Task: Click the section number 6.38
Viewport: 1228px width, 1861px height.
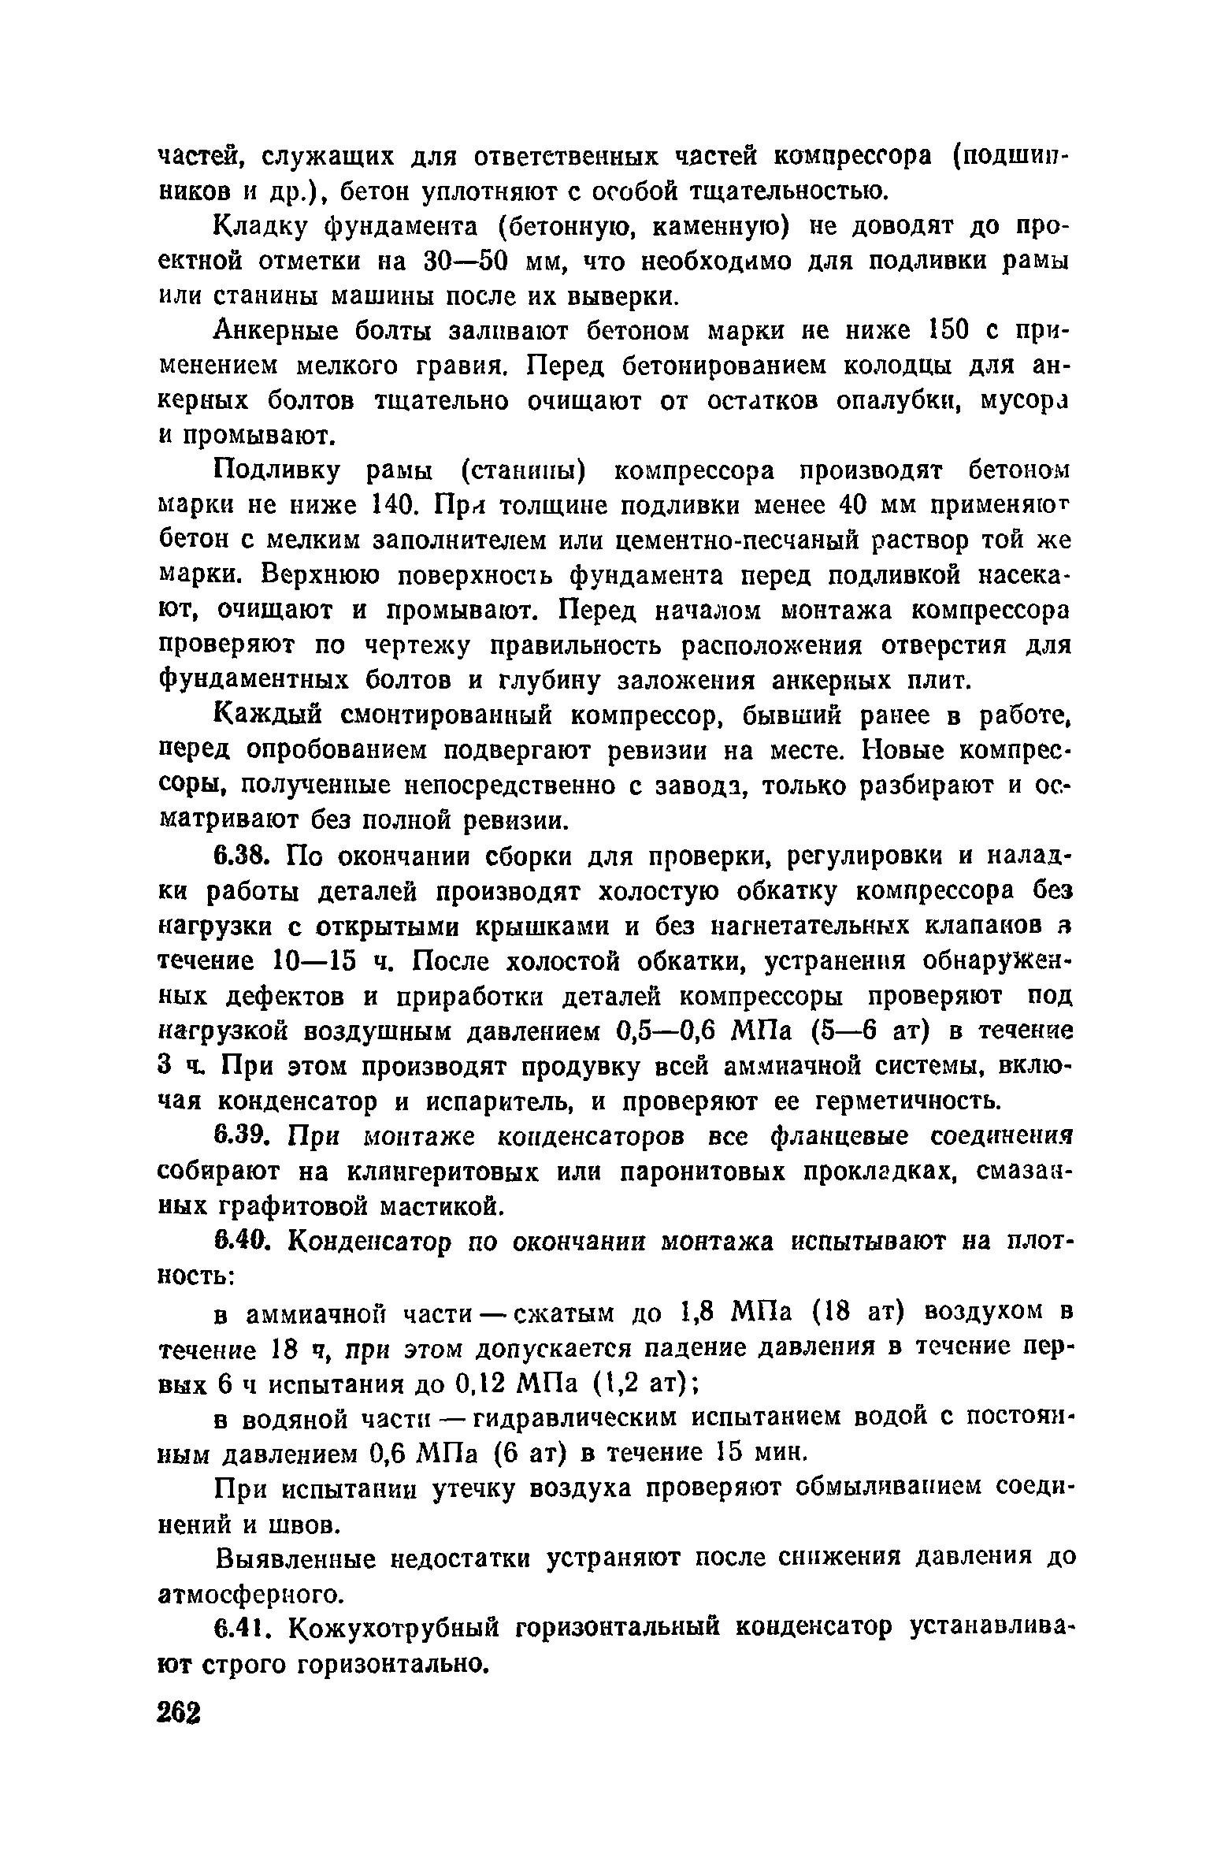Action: click(x=243, y=856)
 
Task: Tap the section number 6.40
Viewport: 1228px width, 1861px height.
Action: click(x=243, y=1242)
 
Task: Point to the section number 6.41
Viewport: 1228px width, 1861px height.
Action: click(x=243, y=1627)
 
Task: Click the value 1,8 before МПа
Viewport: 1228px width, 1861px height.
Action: click(x=696, y=1312)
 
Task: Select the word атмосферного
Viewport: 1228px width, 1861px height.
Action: click(x=251, y=1594)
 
